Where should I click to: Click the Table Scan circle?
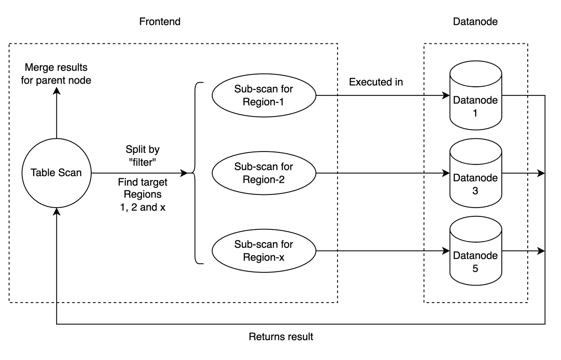pyautogui.click(x=56, y=173)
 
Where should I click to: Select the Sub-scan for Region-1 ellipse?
pyautogui.click(x=264, y=95)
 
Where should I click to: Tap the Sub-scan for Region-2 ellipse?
pyautogui.click(x=264, y=173)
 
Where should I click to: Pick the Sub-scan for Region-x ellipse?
pyautogui.click(x=264, y=251)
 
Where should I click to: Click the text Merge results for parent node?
pyautogui.click(x=56, y=74)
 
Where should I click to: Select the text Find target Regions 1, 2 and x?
pyautogui.click(x=142, y=194)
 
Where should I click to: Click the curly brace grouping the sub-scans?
pyautogui.click(x=196, y=173)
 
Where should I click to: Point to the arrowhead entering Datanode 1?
pyautogui.click(x=447, y=95)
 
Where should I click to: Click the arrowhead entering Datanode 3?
pyautogui.click(x=447, y=173)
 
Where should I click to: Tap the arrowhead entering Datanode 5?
pyautogui.click(x=447, y=251)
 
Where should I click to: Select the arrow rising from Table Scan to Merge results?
pyautogui.click(x=56, y=114)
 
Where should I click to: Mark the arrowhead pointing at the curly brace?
pyautogui.click(x=185, y=173)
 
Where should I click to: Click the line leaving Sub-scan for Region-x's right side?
pyautogui.click(x=327, y=251)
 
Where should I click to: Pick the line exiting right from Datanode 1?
pyautogui.click(x=515, y=95)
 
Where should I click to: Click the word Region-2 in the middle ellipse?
pyautogui.click(x=264, y=180)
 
